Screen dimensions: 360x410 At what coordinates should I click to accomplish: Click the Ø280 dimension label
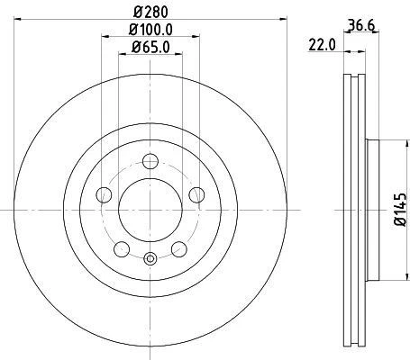(150, 13)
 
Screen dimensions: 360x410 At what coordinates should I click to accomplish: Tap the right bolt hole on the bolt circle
(196, 195)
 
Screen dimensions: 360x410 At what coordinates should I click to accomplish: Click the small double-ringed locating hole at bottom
(150, 261)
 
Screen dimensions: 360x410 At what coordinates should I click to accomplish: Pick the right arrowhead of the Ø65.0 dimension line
(178, 55)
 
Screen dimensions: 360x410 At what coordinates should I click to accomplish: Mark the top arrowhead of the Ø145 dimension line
(387, 143)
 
